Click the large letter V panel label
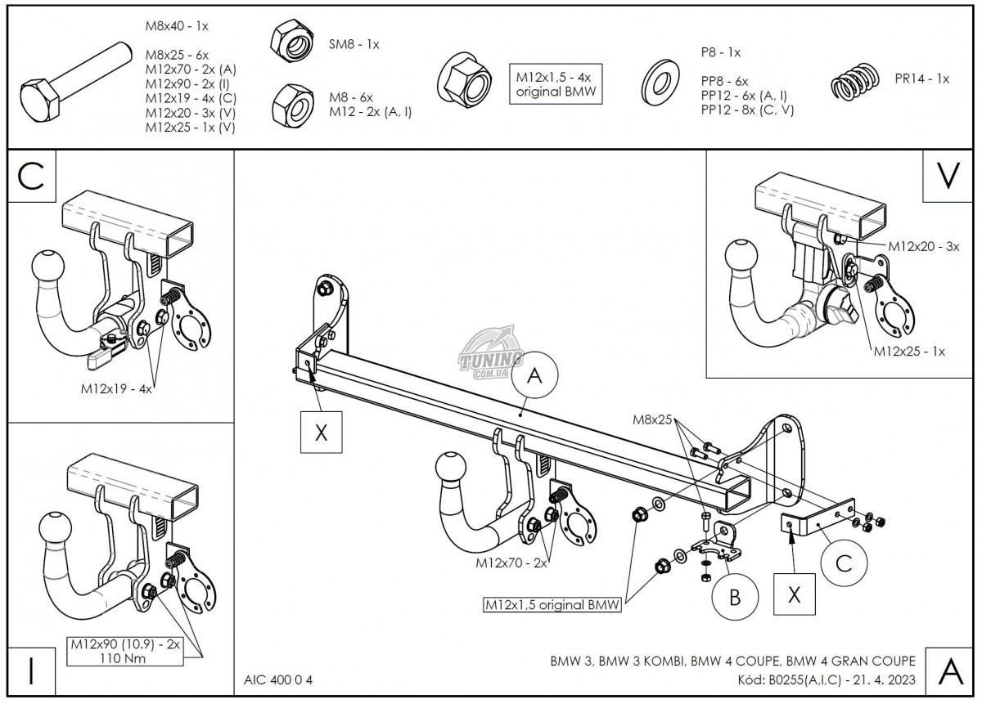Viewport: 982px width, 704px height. pos(947,177)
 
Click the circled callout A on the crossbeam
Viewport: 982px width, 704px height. pos(534,376)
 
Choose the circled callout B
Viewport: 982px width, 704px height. pos(734,597)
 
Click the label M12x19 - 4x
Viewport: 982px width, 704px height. pos(116,389)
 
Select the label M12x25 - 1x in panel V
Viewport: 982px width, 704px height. pos(909,352)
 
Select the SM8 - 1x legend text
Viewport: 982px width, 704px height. pos(354,44)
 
